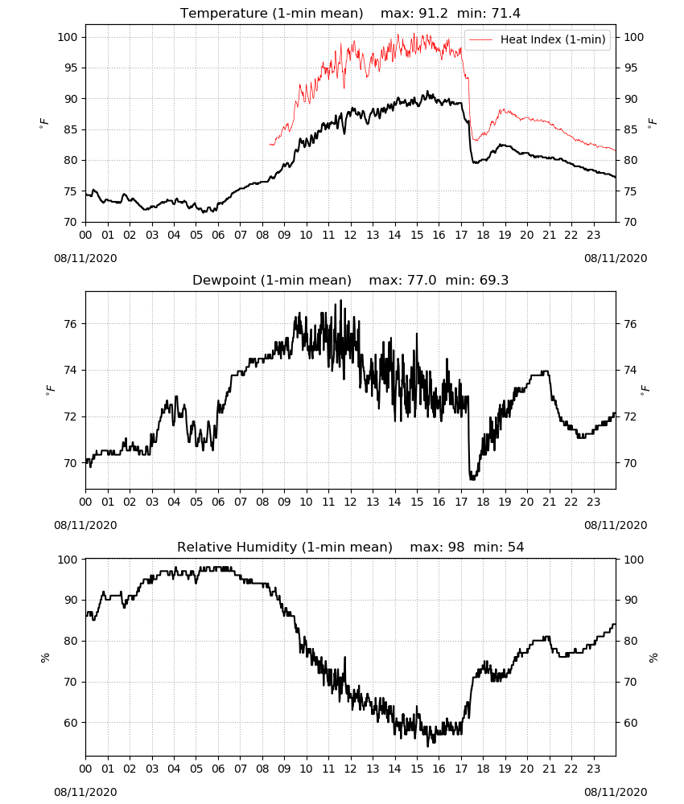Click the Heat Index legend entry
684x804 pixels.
[538, 39]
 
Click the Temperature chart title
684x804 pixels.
[271, 13]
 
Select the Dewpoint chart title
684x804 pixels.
[272, 280]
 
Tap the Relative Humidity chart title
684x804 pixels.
[285, 547]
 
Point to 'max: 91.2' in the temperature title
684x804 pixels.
[414, 13]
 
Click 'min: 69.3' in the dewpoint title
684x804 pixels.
[476, 280]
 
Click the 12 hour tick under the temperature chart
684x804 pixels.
[351, 236]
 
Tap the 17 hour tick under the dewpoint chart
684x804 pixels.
[461, 502]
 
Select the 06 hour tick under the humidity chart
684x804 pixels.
[218, 769]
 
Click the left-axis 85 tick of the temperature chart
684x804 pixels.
[70, 129]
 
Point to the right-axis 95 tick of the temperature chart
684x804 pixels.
[630, 68]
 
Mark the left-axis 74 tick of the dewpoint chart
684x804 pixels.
[70, 370]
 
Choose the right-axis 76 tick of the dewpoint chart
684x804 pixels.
[630, 324]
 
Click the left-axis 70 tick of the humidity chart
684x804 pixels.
[70, 682]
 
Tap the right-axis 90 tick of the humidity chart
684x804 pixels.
[630, 600]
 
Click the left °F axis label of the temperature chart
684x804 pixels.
[44, 123]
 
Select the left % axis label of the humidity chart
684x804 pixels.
[45, 658]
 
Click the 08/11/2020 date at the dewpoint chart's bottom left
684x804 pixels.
[85, 526]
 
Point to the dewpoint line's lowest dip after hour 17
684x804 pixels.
[472, 478]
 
